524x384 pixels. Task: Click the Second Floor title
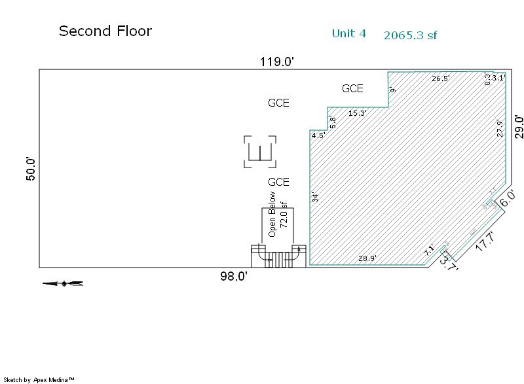(105, 31)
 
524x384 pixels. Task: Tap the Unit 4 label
(348, 33)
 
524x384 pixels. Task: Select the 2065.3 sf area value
(410, 35)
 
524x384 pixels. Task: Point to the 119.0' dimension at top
(276, 62)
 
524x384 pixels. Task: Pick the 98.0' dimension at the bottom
(233, 277)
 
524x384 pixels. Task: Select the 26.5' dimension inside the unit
(441, 79)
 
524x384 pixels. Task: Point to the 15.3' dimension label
(358, 113)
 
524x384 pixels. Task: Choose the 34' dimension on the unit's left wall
(315, 197)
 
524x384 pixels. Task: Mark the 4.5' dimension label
(318, 135)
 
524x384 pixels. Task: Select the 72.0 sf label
(284, 214)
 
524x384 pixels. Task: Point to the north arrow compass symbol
(63, 283)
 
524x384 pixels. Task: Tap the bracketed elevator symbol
(260, 152)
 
